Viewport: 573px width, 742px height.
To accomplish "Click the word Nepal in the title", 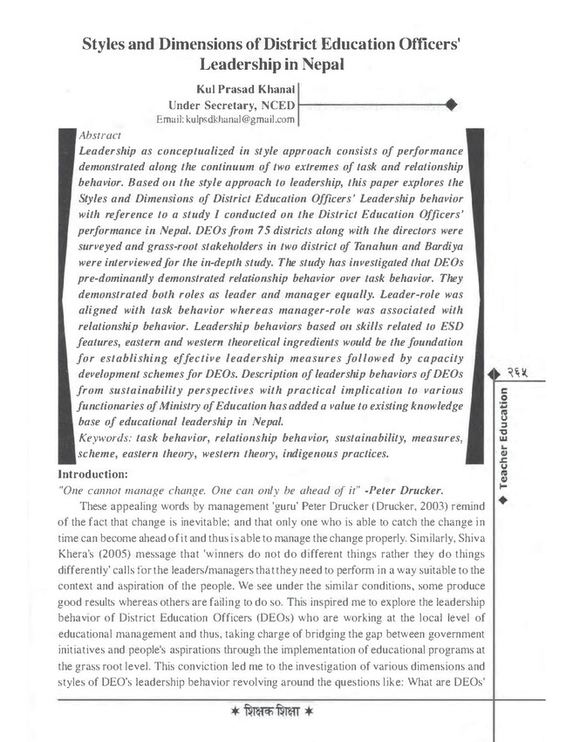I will (320, 64).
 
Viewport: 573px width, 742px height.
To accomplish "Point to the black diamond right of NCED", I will (451, 105).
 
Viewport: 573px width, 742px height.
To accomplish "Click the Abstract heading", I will (99, 136).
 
